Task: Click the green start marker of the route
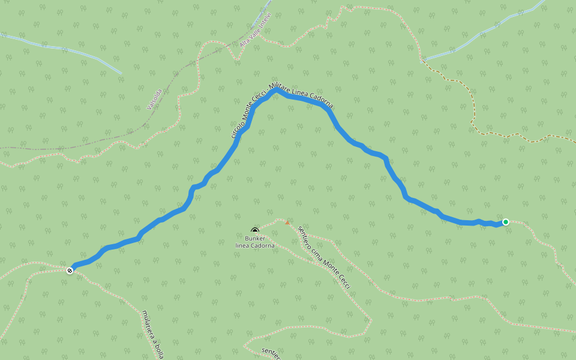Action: pyautogui.click(x=506, y=222)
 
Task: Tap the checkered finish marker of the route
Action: pyautogui.click(x=70, y=271)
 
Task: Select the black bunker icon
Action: pyautogui.click(x=255, y=230)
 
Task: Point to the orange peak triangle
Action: pyautogui.click(x=287, y=223)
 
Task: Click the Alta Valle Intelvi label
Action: pyautogui.click(x=256, y=29)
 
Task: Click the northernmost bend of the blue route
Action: pyautogui.click(x=277, y=91)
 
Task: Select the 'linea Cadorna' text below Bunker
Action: pyautogui.click(x=255, y=245)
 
